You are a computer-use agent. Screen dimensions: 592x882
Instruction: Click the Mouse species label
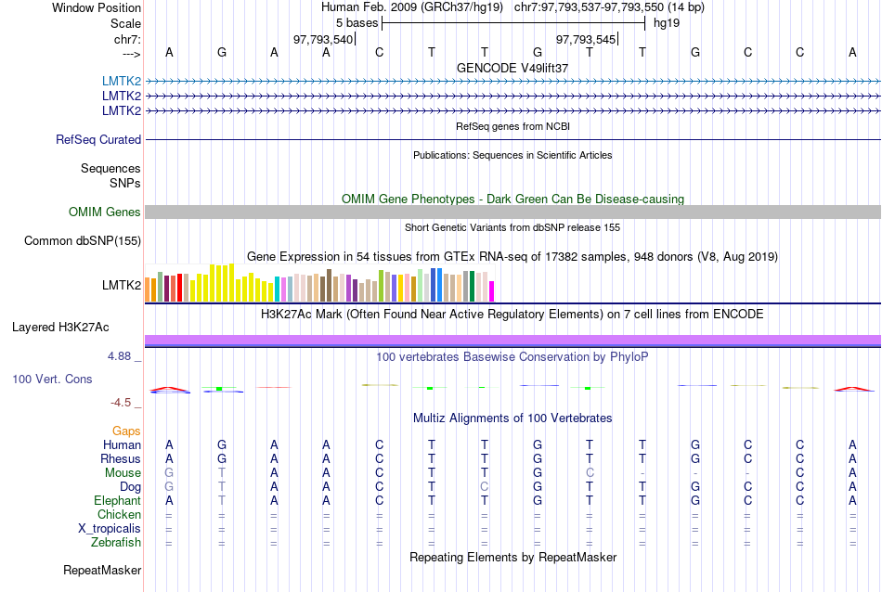pyautogui.click(x=123, y=472)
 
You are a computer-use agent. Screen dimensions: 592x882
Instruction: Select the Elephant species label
pyautogui.click(x=117, y=500)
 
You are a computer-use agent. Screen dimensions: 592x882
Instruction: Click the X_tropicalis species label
pyautogui.click(x=110, y=528)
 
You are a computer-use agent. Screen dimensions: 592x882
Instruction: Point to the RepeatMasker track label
pyautogui.click(x=102, y=570)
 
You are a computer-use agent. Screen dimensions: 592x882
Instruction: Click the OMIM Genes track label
pyautogui.click(x=105, y=212)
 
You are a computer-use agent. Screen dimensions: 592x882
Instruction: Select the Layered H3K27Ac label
pyautogui.click(x=60, y=327)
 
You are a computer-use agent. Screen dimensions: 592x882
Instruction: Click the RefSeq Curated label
pyautogui.click(x=98, y=139)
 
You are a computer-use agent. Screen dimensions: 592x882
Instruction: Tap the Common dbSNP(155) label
pyautogui.click(x=82, y=241)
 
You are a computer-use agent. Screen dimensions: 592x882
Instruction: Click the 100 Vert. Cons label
pyautogui.click(x=52, y=379)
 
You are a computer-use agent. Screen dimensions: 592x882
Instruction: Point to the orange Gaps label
pyautogui.click(x=126, y=431)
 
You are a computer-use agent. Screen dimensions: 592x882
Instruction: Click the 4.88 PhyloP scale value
pyautogui.click(x=122, y=355)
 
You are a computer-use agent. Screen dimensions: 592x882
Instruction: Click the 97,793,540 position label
pyautogui.click(x=323, y=39)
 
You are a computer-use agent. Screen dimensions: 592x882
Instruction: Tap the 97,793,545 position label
pyautogui.click(x=586, y=39)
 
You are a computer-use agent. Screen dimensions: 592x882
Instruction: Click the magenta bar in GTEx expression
pyautogui.click(x=492, y=290)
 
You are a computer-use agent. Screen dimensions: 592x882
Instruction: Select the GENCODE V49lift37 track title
pyautogui.click(x=512, y=68)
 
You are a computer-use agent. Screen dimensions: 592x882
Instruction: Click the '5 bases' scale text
pyautogui.click(x=357, y=22)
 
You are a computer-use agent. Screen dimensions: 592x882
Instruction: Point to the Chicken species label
pyautogui.click(x=120, y=514)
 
